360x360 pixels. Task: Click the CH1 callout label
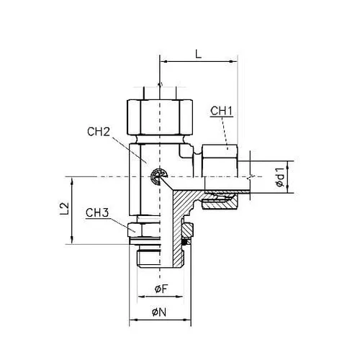(222, 111)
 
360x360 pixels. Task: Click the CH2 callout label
(99, 132)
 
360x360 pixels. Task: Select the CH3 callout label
(97, 212)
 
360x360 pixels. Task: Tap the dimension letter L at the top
(198, 54)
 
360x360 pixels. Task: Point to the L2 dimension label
(65, 209)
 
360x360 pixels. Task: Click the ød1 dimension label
(280, 177)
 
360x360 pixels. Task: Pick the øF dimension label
(161, 289)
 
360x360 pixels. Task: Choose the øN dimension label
(159, 312)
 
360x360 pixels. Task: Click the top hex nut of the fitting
(160, 117)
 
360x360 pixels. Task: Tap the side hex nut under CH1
(220, 161)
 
